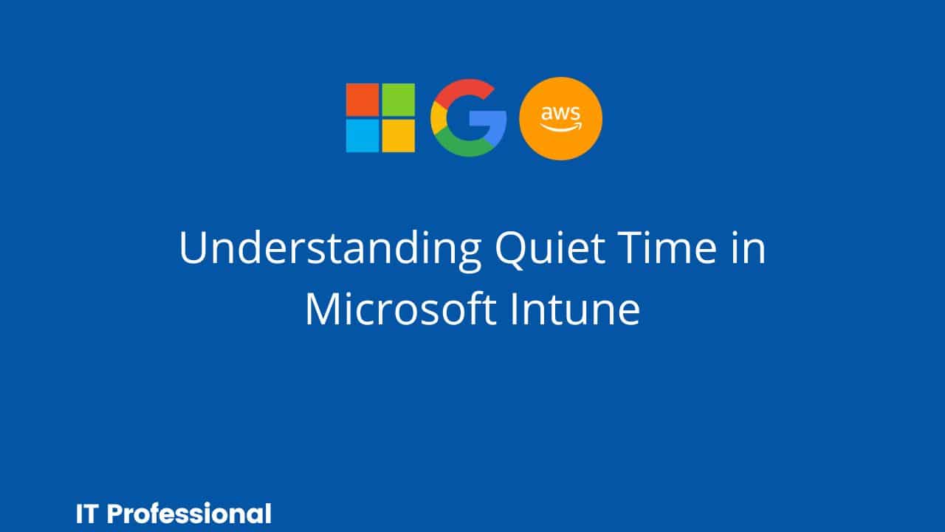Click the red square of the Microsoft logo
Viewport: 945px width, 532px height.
(362, 100)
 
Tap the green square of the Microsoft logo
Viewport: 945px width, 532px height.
(398, 100)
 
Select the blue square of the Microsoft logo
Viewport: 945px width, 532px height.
(362, 135)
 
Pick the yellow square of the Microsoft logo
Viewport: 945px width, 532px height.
(398, 135)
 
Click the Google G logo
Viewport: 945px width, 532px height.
(468, 117)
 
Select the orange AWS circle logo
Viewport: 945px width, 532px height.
(560, 119)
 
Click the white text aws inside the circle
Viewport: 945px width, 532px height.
(560, 113)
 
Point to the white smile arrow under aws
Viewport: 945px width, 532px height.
(562, 126)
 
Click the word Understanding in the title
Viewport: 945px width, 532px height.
(330, 249)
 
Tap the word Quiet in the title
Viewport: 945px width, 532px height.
(551, 249)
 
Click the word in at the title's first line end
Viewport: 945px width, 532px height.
(749, 248)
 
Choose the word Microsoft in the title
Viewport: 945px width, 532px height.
(400, 309)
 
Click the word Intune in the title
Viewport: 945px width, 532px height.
(575, 309)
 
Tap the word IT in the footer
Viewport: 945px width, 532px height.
(87, 514)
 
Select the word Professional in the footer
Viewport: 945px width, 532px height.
(190, 514)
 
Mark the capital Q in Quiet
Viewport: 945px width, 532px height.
(512, 250)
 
